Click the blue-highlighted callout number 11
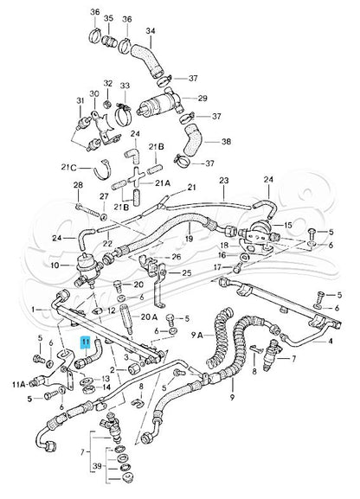click(x=85, y=342)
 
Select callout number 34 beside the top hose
click(x=150, y=32)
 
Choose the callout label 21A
click(x=163, y=184)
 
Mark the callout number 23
click(x=223, y=181)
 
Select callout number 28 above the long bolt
click(x=78, y=186)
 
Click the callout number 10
click(x=55, y=265)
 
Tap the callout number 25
click(x=186, y=273)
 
